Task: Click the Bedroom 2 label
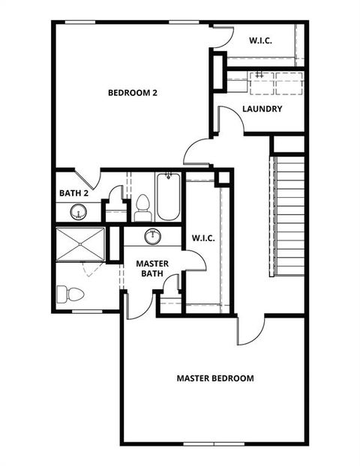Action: point(132,93)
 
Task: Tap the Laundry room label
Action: point(262,109)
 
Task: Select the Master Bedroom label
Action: point(215,378)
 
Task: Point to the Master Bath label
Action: point(152,269)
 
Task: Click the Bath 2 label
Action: point(74,193)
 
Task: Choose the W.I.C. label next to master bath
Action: point(203,238)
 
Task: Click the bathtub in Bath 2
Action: point(168,197)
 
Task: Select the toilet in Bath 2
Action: point(142,207)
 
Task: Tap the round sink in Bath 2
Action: point(77,213)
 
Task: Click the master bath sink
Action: point(153,237)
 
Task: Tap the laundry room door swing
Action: point(228,120)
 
